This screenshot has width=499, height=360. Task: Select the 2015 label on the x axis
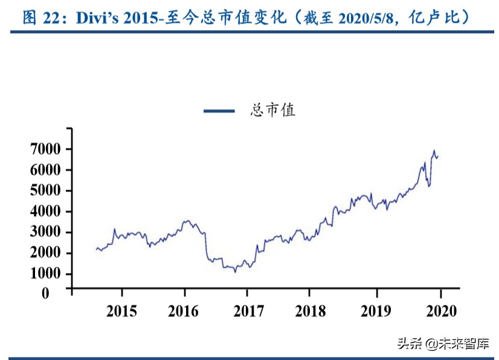[x=121, y=311]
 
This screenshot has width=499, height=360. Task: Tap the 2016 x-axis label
[x=184, y=311]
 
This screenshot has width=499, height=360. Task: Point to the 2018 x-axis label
[x=311, y=311]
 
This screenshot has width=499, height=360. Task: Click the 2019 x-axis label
[x=376, y=311]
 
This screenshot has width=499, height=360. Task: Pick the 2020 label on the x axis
[x=440, y=311]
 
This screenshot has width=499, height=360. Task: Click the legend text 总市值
[x=272, y=111]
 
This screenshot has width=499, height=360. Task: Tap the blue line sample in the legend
[x=219, y=111]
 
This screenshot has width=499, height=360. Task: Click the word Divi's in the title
[x=97, y=17]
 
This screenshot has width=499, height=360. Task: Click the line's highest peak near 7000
[x=434, y=151]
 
